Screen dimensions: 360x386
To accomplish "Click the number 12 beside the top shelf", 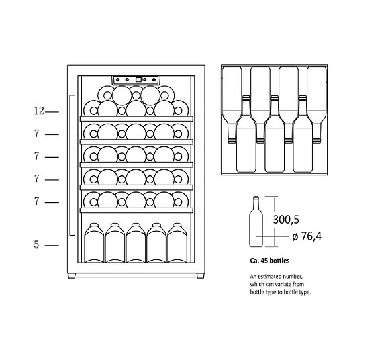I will (x=40, y=111).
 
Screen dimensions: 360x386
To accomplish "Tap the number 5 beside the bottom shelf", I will (x=37, y=245).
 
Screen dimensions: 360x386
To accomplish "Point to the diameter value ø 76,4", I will (x=307, y=236).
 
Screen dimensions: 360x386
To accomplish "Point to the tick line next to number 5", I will (x=53, y=246).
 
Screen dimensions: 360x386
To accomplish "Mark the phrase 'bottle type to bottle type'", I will (x=281, y=293).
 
